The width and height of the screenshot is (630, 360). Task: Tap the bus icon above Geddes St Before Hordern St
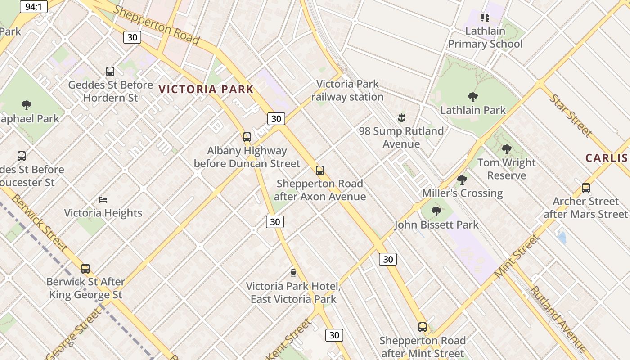click(x=110, y=71)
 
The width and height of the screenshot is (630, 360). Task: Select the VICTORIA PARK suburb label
click(x=207, y=89)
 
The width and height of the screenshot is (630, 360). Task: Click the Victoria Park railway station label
click(x=348, y=90)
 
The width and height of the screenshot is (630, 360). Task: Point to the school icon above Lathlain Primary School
click(x=485, y=18)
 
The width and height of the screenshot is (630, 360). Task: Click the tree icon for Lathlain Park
click(x=472, y=97)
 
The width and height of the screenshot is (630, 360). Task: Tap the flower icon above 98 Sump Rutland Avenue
click(x=401, y=118)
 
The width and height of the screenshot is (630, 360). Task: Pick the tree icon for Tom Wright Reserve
click(x=507, y=149)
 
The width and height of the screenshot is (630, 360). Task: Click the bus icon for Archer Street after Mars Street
click(x=585, y=188)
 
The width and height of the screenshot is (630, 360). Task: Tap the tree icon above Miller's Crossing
click(x=462, y=180)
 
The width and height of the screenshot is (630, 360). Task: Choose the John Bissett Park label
click(x=436, y=225)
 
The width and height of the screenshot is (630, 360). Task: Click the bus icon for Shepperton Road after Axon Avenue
click(x=319, y=170)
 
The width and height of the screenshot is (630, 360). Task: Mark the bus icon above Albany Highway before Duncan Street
click(x=247, y=137)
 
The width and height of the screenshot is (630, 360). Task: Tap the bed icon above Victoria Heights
click(x=103, y=199)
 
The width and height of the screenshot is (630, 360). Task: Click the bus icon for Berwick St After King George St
click(x=85, y=268)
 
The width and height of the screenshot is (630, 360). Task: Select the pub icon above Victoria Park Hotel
click(x=293, y=273)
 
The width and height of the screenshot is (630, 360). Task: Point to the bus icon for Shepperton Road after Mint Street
click(x=422, y=327)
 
